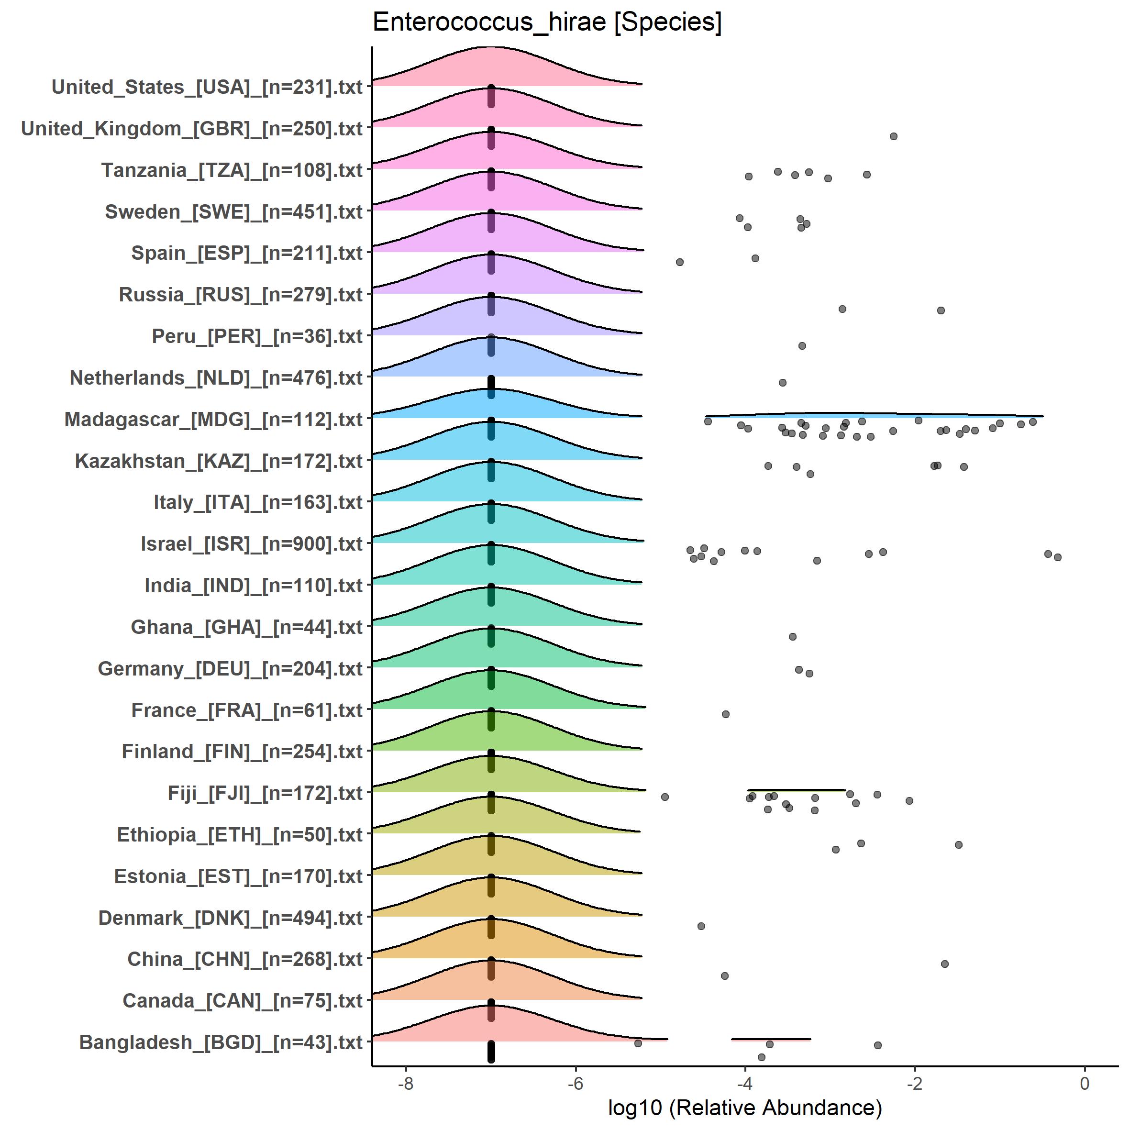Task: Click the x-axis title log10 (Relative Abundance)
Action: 744,1107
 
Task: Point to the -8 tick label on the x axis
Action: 405,1083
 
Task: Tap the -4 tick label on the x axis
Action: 744,1083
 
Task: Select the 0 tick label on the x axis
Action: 1085,1083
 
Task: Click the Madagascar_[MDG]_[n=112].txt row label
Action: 213,420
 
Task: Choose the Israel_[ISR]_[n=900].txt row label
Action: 252,544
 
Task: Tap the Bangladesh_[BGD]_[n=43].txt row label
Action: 221,1042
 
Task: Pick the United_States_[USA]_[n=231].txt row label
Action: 207,87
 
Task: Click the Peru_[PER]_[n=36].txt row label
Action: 257,336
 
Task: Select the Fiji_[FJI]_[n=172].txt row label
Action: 265,793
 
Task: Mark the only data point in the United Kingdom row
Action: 893,136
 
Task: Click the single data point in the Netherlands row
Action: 783,383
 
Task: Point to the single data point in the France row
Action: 726,714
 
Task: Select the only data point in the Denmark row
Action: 701,926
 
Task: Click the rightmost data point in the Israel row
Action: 1057,557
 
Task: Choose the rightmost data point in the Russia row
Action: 941,310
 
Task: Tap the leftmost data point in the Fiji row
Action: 665,797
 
